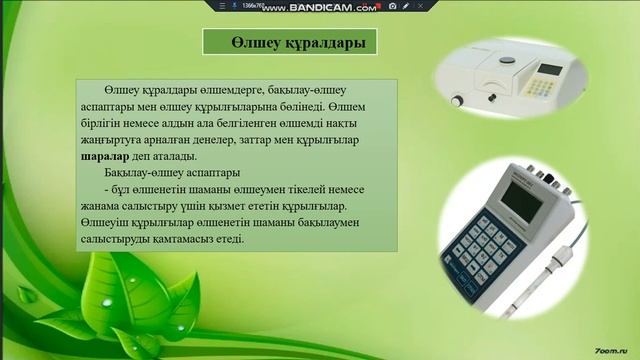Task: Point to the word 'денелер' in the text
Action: [x=230, y=139]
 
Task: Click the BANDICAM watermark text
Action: [x=305, y=7]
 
